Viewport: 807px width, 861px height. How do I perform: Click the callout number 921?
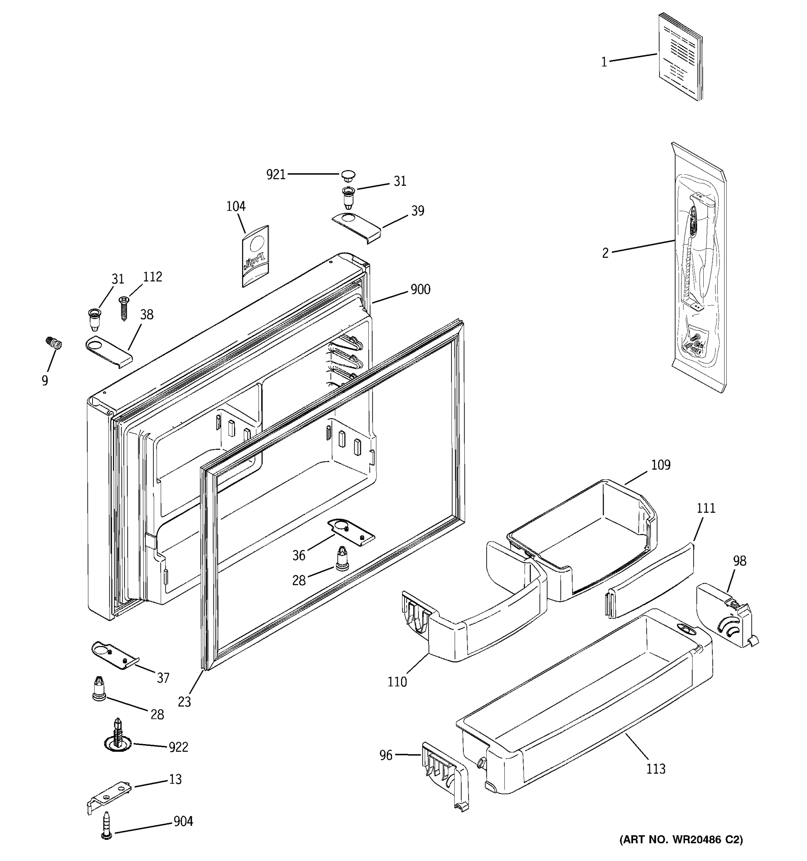click(x=276, y=175)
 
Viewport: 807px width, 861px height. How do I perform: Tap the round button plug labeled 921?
click(x=347, y=175)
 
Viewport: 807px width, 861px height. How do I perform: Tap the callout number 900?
click(x=420, y=289)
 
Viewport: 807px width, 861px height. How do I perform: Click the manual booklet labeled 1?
click(x=680, y=57)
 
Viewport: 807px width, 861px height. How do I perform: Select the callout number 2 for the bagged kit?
click(x=605, y=253)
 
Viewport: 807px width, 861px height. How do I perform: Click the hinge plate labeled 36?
click(x=351, y=531)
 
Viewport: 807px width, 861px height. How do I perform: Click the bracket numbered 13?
click(x=109, y=796)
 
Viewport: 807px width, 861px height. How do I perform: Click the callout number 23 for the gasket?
click(x=184, y=702)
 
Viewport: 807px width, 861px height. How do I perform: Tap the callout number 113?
click(x=656, y=769)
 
